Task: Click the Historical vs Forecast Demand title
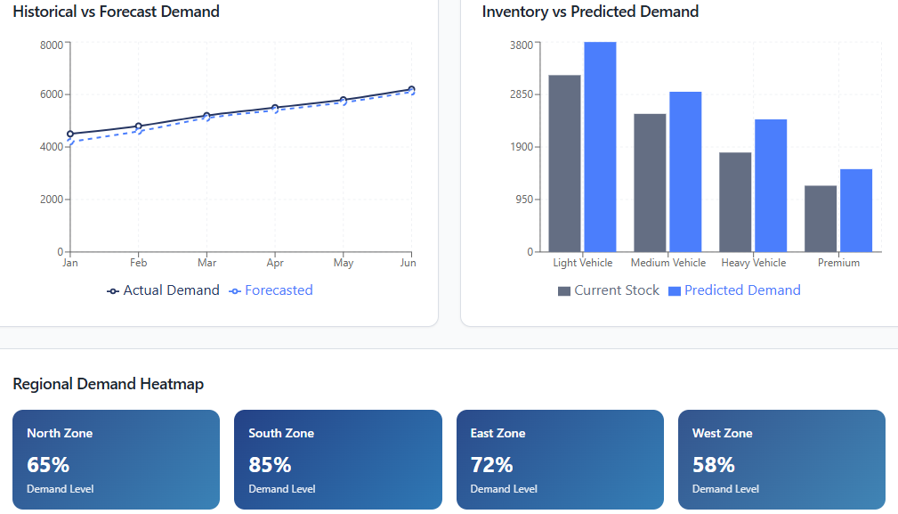tap(116, 12)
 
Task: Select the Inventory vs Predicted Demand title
tap(590, 12)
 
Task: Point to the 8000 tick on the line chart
tap(52, 44)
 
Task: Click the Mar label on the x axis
tap(206, 263)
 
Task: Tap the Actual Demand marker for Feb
tap(138, 126)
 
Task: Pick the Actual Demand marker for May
tap(343, 101)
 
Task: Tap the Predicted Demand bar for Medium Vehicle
tap(685, 171)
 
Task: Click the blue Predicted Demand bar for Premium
tap(856, 210)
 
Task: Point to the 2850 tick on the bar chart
tap(521, 94)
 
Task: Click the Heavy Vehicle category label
tap(753, 263)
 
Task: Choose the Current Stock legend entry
tap(609, 290)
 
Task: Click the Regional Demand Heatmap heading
tap(108, 384)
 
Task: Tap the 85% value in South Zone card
tap(270, 465)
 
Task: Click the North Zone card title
tap(60, 433)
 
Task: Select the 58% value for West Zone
tap(714, 465)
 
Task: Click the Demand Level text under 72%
tap(504, 489)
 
